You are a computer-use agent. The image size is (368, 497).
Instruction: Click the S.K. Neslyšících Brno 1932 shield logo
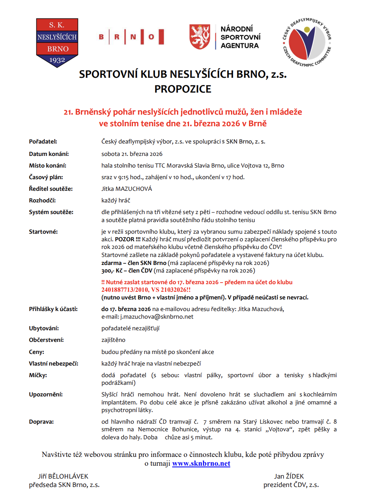point(57,42)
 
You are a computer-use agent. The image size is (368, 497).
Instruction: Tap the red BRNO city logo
point(131,37)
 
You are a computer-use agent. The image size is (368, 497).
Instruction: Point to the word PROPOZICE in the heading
point(183,89)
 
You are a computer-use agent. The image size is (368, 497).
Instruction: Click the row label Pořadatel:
point(43,141)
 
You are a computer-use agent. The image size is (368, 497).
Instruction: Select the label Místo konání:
point(48,166)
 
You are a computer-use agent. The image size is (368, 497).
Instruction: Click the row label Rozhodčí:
point(42,200)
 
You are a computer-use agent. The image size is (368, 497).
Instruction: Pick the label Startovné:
point(43,232)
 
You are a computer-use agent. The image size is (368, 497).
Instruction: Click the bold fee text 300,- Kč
point(110,271)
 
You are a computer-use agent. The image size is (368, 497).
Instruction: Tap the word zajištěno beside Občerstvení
point(113,340)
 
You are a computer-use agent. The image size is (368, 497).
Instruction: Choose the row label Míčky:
point(38,375)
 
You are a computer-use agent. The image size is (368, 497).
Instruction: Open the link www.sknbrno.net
point(201,464)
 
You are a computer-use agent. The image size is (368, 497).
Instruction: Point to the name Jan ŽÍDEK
point(289,477)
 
